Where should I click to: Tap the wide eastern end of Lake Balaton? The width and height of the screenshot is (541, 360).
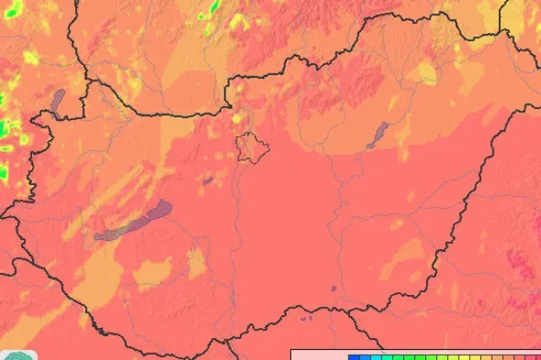161,207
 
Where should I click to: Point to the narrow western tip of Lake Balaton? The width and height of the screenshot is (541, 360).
97,237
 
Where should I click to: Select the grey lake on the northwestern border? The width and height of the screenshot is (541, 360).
57,102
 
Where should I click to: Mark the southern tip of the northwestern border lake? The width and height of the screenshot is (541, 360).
54,116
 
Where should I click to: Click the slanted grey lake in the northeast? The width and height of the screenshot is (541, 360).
377,134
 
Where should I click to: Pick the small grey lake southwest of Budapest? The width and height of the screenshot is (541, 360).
208,180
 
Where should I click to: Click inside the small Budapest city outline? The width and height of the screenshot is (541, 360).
253,145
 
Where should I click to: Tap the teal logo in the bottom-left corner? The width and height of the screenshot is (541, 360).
17,355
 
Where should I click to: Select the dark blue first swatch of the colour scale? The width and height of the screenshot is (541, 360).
354,357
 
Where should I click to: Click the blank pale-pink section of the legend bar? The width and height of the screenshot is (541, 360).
317,356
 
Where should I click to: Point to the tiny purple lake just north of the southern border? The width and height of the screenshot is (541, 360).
334,289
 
